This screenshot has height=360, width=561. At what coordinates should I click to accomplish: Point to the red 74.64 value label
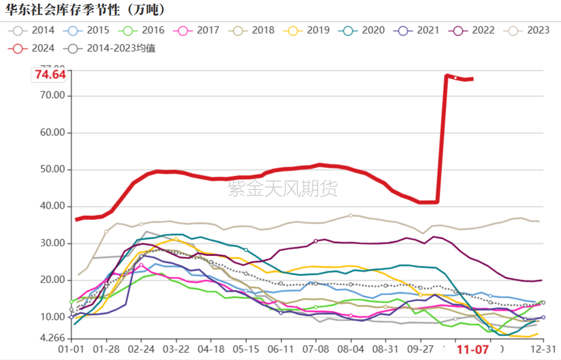click(x=51, y=75)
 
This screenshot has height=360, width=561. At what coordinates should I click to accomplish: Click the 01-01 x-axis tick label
click(x=71, y=349)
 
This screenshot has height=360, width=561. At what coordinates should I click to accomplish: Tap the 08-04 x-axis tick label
click(x=351, y=349)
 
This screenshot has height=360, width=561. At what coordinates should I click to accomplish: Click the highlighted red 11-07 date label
click(x=473, y=349)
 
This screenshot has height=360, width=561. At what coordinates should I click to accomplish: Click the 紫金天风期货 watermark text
click(x=283, y=189)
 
